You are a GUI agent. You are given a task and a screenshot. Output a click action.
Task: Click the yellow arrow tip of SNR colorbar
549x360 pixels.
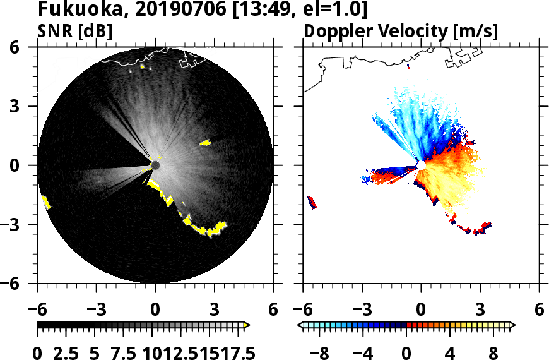247,325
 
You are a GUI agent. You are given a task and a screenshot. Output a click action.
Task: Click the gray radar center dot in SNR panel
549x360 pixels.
155,165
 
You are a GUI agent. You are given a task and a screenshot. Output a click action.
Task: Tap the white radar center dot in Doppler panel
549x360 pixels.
421,165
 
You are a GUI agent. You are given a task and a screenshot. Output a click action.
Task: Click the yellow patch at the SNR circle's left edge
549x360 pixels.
46,202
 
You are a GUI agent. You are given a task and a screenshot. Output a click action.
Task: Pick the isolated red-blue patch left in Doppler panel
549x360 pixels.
312,202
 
